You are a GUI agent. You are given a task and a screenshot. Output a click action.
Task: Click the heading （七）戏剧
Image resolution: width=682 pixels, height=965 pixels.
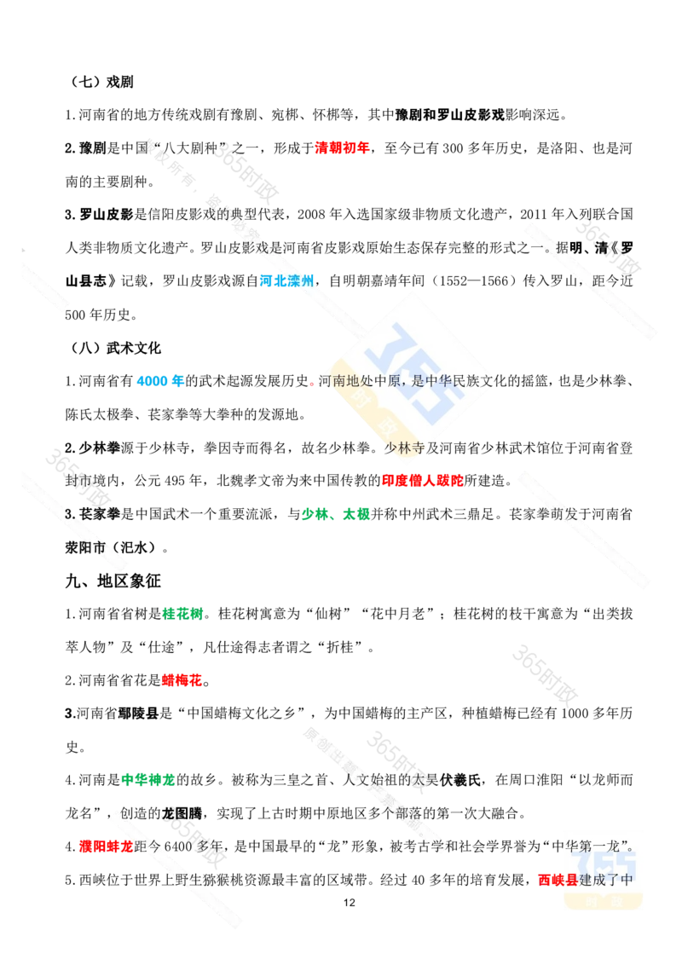pyautogui.click(x=100, y=82)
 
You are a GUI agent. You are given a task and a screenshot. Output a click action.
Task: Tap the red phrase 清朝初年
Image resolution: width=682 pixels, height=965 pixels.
pyautogui.click(x=342, y=148)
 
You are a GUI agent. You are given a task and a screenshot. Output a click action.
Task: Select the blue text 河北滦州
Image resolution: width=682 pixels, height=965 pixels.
pyautogui.click(x=286, y=281)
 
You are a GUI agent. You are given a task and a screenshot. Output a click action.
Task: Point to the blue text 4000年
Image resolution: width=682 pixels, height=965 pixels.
pyautogui.click(x=160, y=381)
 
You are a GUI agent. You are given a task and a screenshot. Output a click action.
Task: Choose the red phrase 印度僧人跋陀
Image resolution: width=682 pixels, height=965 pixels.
pyautogui.click(x=422, y=481)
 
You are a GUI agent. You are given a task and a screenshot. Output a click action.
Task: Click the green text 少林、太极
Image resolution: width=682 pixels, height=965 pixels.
pyautogui.click(x=336, y=514)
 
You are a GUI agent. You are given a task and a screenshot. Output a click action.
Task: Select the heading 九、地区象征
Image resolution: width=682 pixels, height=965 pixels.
pyautogui.click(x=113, y=581)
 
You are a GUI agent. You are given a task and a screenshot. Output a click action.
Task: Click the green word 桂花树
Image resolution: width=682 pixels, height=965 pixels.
pyautogui.click(x=182, y=614)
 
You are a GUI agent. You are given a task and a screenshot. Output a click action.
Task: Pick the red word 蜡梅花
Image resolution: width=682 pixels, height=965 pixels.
pyautogui.click(x=182, y=680)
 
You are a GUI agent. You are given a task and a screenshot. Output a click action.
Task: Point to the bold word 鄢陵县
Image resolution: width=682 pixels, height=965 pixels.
pyautogui.click(x=138, y=714)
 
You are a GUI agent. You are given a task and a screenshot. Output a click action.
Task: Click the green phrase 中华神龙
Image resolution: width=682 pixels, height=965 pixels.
pyautogui.click(x=148, y=780)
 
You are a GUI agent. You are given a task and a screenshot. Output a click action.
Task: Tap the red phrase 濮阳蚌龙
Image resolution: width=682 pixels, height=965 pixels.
pyautogui.click(x=106, y=847)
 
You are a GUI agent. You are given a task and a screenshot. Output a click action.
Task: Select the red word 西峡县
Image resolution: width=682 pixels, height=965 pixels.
pyautogui.click(x=558, y=880)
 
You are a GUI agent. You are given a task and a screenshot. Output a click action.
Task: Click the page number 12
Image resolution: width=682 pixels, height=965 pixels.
pyautogui.click(x=349, y=903)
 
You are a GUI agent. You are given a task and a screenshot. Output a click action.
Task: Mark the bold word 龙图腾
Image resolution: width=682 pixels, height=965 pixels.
pyautogui.click(x=182, y=813)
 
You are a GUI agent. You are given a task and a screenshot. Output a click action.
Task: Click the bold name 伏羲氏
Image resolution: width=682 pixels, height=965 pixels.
pyautogui.click(x=459, y=780)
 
